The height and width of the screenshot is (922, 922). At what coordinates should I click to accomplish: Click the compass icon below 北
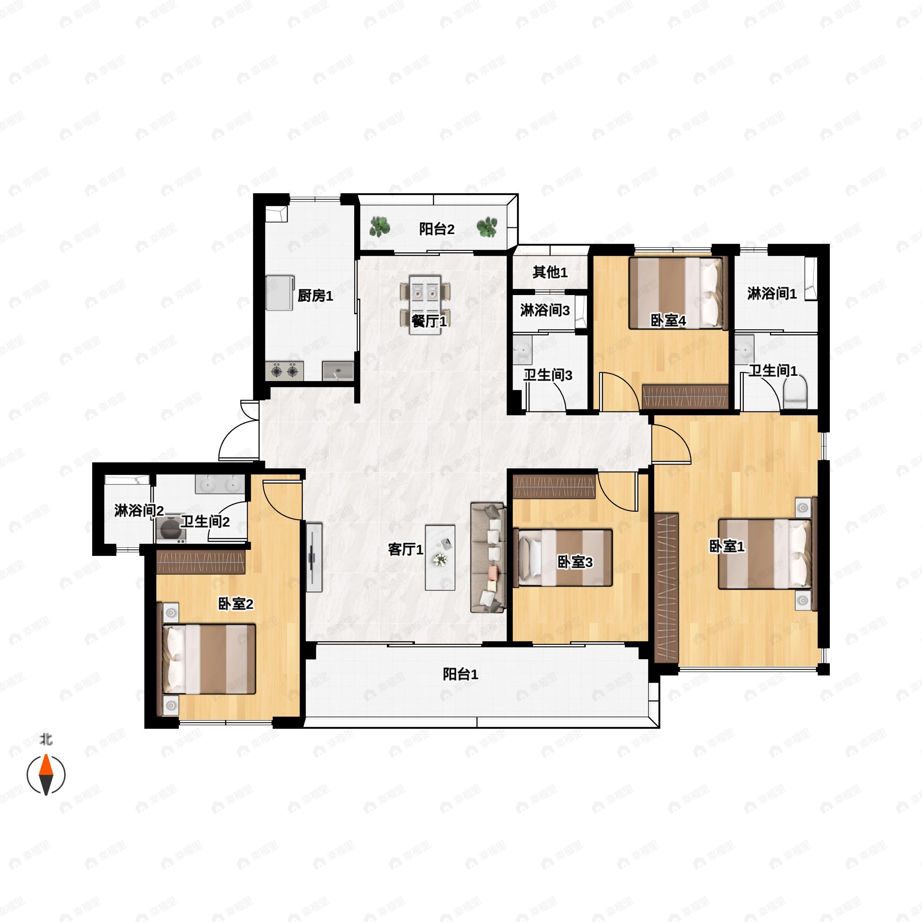[46, 774]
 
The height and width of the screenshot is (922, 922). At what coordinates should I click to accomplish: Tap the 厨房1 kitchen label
[315, 296]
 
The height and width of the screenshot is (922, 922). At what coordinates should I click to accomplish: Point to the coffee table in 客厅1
[440, 557]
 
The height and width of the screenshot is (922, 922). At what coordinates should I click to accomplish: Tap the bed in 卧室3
[563, 557]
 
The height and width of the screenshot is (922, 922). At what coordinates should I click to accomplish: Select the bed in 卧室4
[676, 293]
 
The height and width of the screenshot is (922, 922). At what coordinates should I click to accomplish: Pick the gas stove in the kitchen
[284, 370]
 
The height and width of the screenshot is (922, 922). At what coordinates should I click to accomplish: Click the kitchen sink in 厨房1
[338, 371]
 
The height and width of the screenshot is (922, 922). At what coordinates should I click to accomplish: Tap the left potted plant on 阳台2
[380, 227]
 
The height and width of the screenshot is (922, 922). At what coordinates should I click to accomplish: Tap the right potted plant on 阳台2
[487, 227]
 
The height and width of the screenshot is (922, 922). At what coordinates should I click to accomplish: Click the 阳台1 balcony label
[461, 674]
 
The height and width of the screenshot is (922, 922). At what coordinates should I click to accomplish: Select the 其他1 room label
[550, 272]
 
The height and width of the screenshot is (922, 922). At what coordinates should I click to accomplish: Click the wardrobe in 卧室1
[667, 587]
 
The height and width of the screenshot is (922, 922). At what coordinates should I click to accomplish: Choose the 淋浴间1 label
[772, 294]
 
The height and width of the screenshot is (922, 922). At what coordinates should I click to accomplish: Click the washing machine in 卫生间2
[170, 529]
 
